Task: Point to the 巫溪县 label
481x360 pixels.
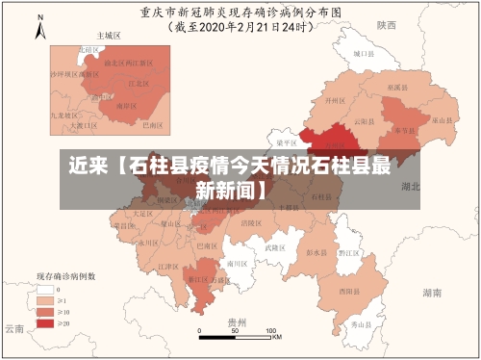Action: click(394, 87)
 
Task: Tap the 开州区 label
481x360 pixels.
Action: click(334, 99)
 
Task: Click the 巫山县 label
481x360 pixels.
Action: click(441, 120)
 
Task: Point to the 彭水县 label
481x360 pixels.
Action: click(316, 253)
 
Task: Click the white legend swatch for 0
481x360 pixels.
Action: click(44, 289)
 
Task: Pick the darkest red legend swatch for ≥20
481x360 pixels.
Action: click(44, 323)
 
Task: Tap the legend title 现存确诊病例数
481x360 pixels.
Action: click(65, 275)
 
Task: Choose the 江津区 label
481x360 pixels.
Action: click(165, 267)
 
